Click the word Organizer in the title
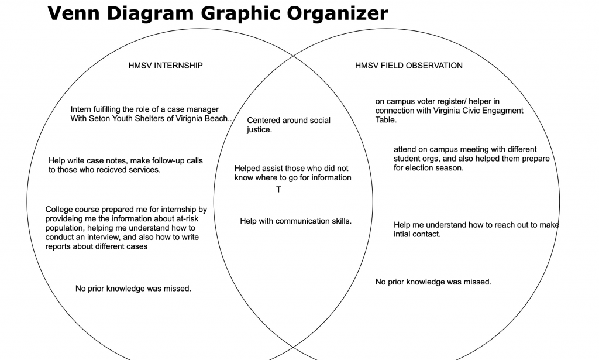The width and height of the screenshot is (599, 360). pos(338,14)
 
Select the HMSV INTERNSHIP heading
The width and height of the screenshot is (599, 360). pos(166,66)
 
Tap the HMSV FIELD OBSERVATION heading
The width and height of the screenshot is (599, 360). pos(409,66)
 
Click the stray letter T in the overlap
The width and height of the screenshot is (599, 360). pos(278,190)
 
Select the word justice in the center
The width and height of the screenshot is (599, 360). pos(259,130)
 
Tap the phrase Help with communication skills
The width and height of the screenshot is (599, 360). pos(295,221)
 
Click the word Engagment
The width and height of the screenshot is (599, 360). pos(501,111)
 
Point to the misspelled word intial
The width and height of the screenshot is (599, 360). pos(402,234)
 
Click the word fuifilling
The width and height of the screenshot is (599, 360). pos(102,109)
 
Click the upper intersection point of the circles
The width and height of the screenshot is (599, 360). pos(294,56)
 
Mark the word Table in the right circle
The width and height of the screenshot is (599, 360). pos(386,120)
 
